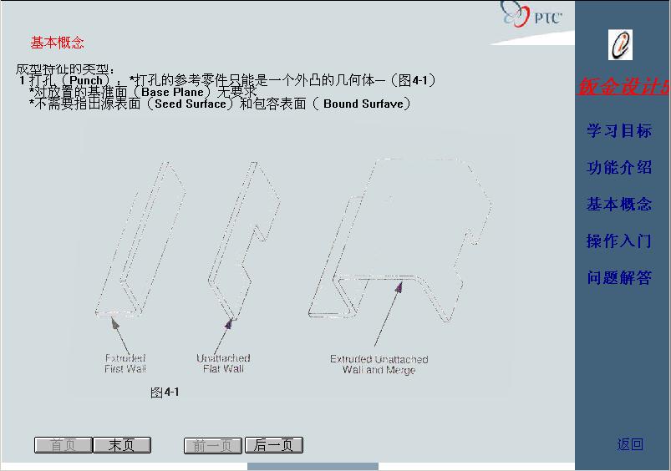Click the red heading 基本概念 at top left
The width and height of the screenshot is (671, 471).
[58, 43]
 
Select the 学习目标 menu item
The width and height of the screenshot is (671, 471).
[618, 131]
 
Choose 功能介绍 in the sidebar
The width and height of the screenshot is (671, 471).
[618, 168]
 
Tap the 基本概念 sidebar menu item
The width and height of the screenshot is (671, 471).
[618, 205]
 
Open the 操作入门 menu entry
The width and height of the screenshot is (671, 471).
[618, 241]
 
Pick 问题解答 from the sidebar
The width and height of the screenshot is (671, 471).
[618, 278]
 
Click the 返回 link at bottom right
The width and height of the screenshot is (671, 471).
[630, 444]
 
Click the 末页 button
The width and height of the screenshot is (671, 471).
[121, 445]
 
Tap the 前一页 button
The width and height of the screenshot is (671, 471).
[212, 445]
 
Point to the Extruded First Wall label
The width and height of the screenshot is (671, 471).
[125, 363]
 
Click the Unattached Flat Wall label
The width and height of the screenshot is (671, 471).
[223, 363]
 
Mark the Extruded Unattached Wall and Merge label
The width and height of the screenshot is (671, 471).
[379, 364]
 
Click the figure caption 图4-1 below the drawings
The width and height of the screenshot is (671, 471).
[165, 392]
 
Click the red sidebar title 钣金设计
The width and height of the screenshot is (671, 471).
[623, 87]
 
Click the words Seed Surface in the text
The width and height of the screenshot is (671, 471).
[191, 104]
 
